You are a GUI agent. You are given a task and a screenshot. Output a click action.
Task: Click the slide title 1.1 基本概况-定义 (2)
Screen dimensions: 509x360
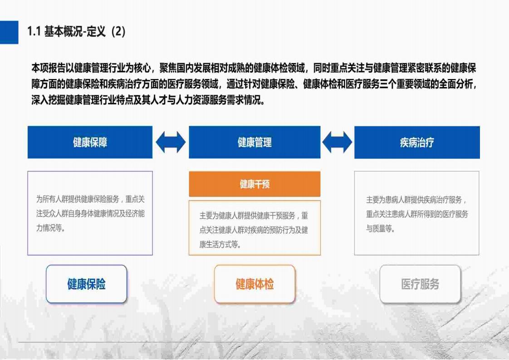pyautogui.click(x=76, y=31)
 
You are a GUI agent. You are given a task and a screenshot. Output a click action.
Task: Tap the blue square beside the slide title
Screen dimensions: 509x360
pyautogui.click(x=9, y=32)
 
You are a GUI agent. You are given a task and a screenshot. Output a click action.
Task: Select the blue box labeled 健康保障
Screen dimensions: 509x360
pyautogui.click(x=90, y=142)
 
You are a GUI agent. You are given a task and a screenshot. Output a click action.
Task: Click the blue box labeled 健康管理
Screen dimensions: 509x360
pyautogui.click(x=254, y=142)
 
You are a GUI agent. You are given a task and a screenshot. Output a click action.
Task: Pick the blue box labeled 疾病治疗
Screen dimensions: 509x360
pyautogui.click(x=417, y=142)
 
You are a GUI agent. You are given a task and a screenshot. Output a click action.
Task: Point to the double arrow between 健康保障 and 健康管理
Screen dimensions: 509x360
pyautogui.click(x=171, y=142)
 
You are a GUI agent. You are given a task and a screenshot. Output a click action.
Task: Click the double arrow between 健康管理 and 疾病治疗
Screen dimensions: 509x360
pyautogui.click(x=337, y=142)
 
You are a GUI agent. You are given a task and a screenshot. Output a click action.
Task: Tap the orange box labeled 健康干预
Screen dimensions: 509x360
pyautogui.click(x=254, y=184)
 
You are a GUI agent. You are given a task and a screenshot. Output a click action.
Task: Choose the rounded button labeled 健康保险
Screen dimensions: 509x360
pyautogui.click(x=86, y=284)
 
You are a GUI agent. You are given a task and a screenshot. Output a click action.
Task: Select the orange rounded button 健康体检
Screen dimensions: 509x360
pyautogui.click(x=254, y=284)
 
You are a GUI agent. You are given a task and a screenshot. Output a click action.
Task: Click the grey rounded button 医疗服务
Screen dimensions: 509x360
pyautogui.click(x=420, y=284)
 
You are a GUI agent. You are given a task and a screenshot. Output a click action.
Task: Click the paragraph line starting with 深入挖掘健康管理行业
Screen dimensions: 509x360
pyautogui.click(x=148, y=100)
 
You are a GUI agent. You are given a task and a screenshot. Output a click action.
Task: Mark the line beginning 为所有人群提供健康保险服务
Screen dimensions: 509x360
pyautogui.click(x=90, y=199)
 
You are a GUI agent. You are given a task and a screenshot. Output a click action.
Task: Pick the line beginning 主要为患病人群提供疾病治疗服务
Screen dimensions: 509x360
pyautogui.click(x=416, y=199)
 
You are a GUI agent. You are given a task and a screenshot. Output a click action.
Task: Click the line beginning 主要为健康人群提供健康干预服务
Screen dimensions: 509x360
pyautogui.click(x=254, y=216)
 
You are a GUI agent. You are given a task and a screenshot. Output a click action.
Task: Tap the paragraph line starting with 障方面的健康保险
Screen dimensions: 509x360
pyautogui.click(x=254, y=84)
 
